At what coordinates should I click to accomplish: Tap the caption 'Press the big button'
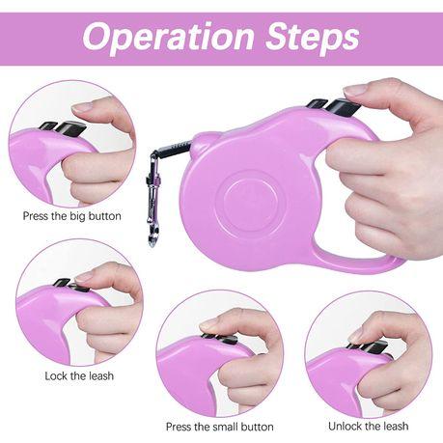(72, 216)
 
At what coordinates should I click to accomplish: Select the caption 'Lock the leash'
(79, 375)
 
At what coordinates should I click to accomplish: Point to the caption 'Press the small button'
(220, 427)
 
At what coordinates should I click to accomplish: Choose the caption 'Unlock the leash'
(369, 427)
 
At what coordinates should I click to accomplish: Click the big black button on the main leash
(344, 107)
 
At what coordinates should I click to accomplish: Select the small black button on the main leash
(317, 104)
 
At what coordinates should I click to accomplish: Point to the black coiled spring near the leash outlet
(175, 148)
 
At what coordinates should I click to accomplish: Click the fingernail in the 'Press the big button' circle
(83, 106)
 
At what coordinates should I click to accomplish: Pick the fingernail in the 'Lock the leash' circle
(85, 277)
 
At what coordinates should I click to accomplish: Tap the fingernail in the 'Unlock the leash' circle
(356, 336)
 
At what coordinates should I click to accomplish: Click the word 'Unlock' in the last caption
(345, 427)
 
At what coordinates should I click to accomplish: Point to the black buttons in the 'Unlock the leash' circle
(369, 346)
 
